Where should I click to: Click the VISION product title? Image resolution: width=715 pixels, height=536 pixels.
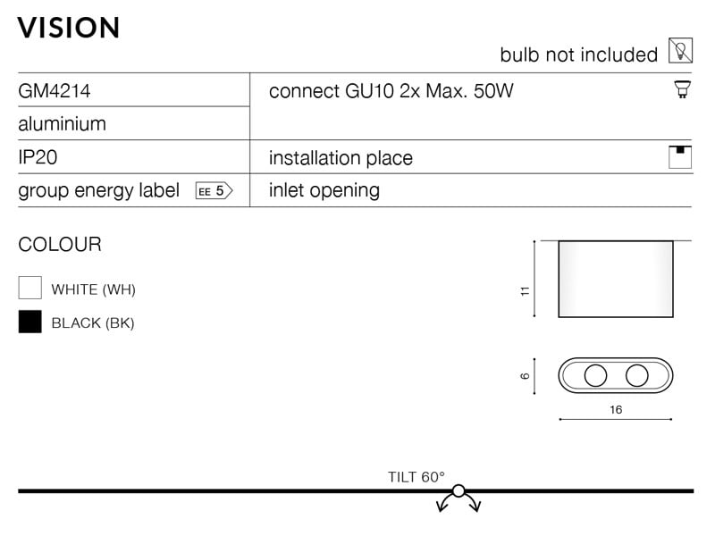tap(69, 28)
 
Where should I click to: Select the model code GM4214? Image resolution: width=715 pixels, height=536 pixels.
tap(55, 91)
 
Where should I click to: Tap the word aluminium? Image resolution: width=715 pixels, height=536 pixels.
tap(62, 123)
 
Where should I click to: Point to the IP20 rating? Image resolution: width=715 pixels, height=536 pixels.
tap(38, 157)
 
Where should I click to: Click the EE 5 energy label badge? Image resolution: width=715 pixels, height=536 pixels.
tap(214, 190)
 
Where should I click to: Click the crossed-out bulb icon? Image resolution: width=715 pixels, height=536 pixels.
tap(680, 51)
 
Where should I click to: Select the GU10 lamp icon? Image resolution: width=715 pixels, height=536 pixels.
tap(682, 88)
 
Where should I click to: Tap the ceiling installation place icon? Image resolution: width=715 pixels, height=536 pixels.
tap(680, 157)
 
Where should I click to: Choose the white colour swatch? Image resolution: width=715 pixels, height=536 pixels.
tap(30, 288)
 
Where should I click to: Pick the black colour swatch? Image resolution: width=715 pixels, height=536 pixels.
tap(30, 322)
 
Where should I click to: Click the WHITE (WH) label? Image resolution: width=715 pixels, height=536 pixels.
tap(94, 289)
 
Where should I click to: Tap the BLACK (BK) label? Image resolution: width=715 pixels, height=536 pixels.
tap(93, 323)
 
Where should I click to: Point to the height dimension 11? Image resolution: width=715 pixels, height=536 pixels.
tap(526, 291)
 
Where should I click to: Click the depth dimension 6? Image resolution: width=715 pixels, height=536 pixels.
tap(526, 376)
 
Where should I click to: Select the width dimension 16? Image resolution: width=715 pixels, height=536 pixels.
tap(616, 410)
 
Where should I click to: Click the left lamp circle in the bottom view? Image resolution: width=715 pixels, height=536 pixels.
tap(595, 375)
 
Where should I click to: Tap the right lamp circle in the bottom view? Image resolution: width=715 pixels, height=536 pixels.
tap(637, 375)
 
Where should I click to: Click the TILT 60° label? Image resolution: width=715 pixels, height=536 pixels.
tap(416, 477)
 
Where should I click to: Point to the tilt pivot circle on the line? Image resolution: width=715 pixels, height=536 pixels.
tap(458, 490)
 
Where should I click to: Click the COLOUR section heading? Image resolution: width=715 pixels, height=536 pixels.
tap(60, 245)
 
